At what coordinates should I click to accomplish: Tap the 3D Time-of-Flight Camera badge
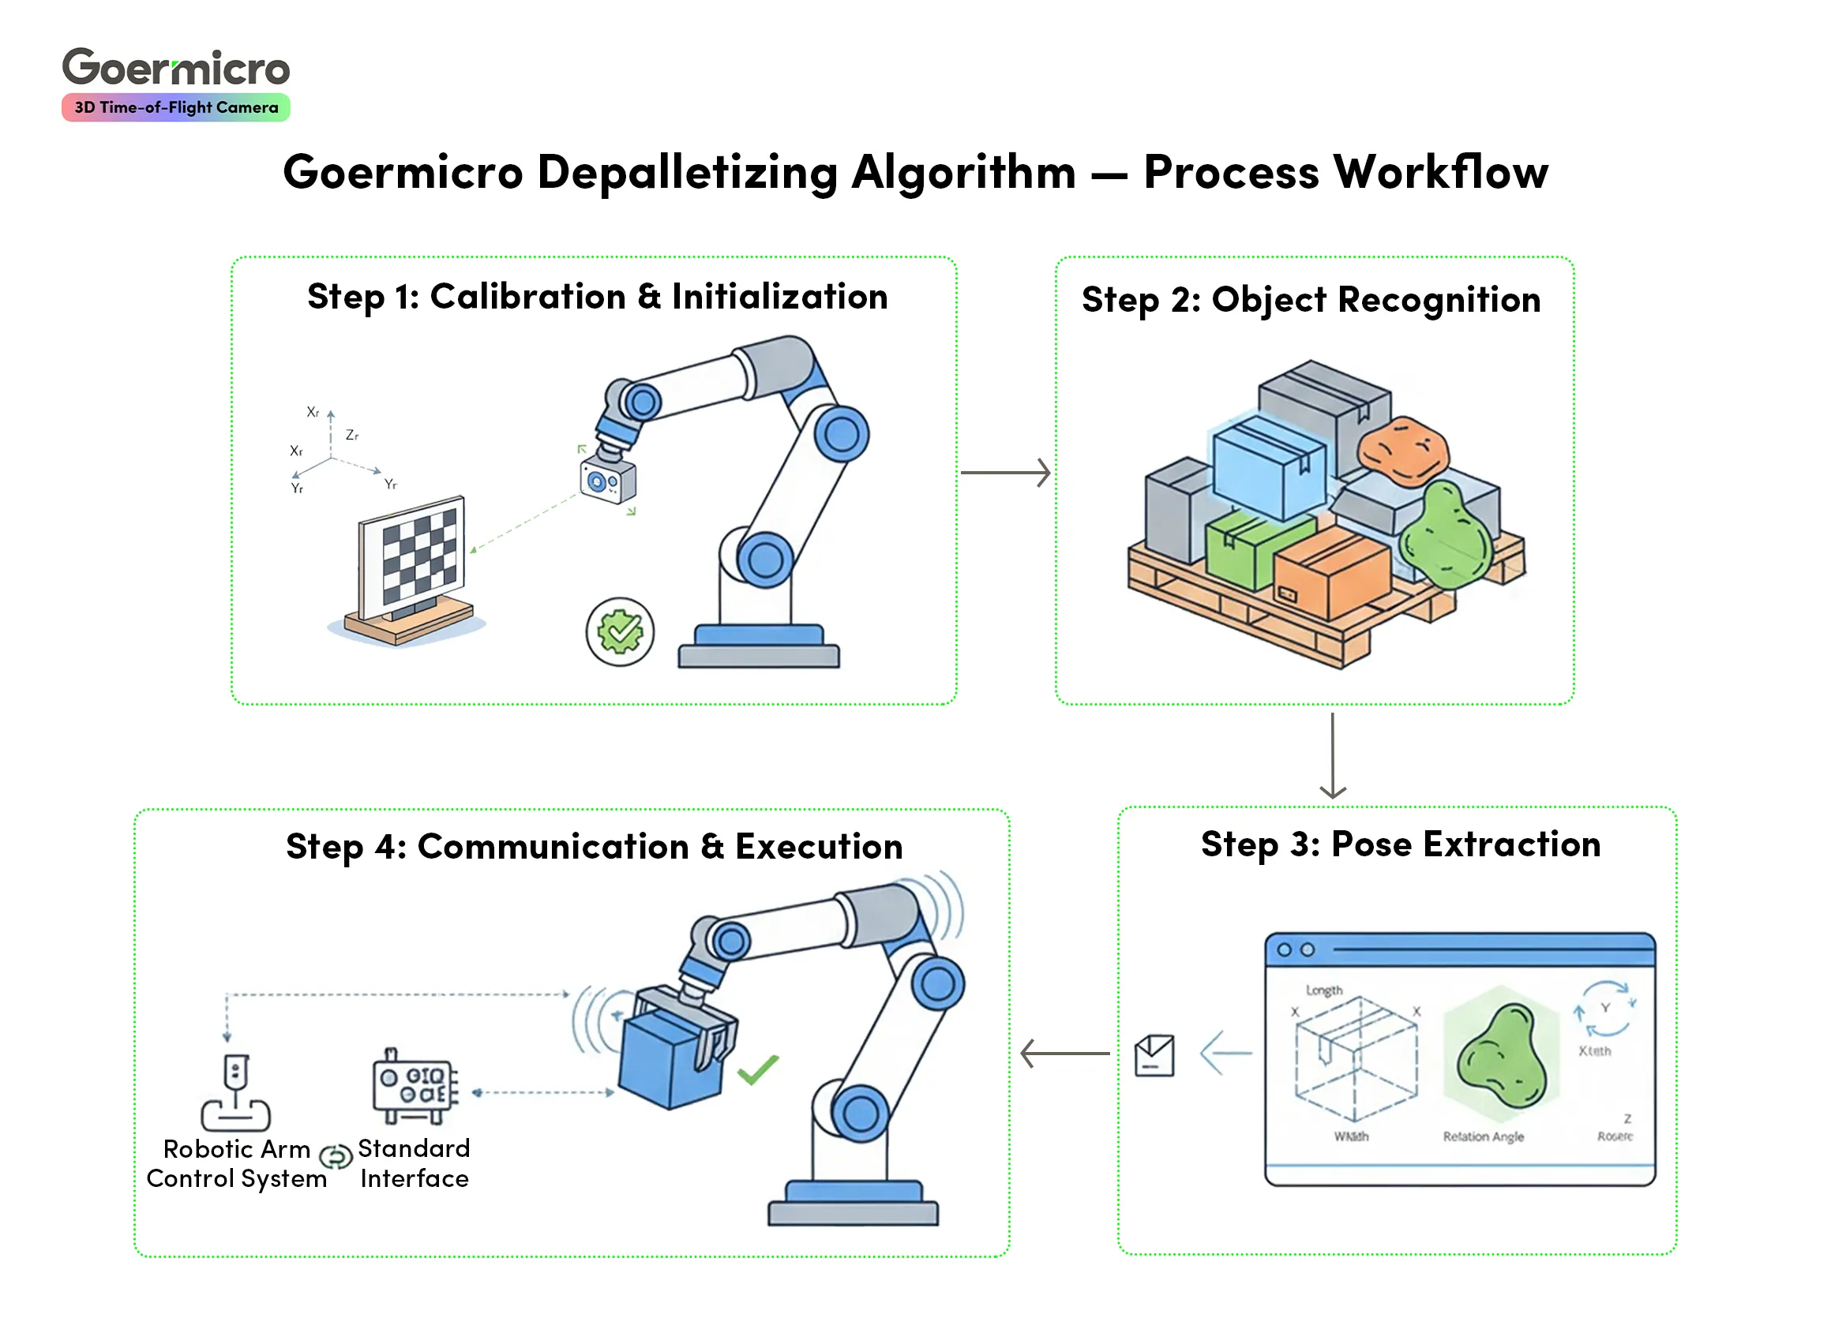pyautogui.click(x=176, y=107)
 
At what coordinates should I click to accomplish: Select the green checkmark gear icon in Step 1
pyautogui.click(x=619, y=631)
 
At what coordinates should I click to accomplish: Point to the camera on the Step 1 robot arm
pyautogui.click(x=608, y=480)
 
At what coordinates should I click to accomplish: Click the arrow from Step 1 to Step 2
pyautogui.click(x=1005, y=472)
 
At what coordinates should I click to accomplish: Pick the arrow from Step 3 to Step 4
pyautogui.click(x=1064, y=1054)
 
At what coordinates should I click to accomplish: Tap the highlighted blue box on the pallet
pyautogui.click(x=1270, y=468)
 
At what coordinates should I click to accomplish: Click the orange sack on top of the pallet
pyautogui.click(x=1404, y=451)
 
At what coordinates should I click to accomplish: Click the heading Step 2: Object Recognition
pyautogui.click(x=1311, y=300)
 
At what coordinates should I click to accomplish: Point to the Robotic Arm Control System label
pyautogui.click(x=237, y=1163)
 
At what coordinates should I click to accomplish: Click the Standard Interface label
pyautogui.click(x=415, y=1163)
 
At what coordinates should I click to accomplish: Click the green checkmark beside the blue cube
pyautogui.click(x=758, y=1069)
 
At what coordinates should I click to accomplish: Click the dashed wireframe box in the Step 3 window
pyautogui.click(x=1356, y=1058)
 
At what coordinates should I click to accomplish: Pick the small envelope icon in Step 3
pyautogui.click(x=1154, y=1055)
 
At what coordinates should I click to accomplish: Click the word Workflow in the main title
pyautogui.click(x=1440, y=173)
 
